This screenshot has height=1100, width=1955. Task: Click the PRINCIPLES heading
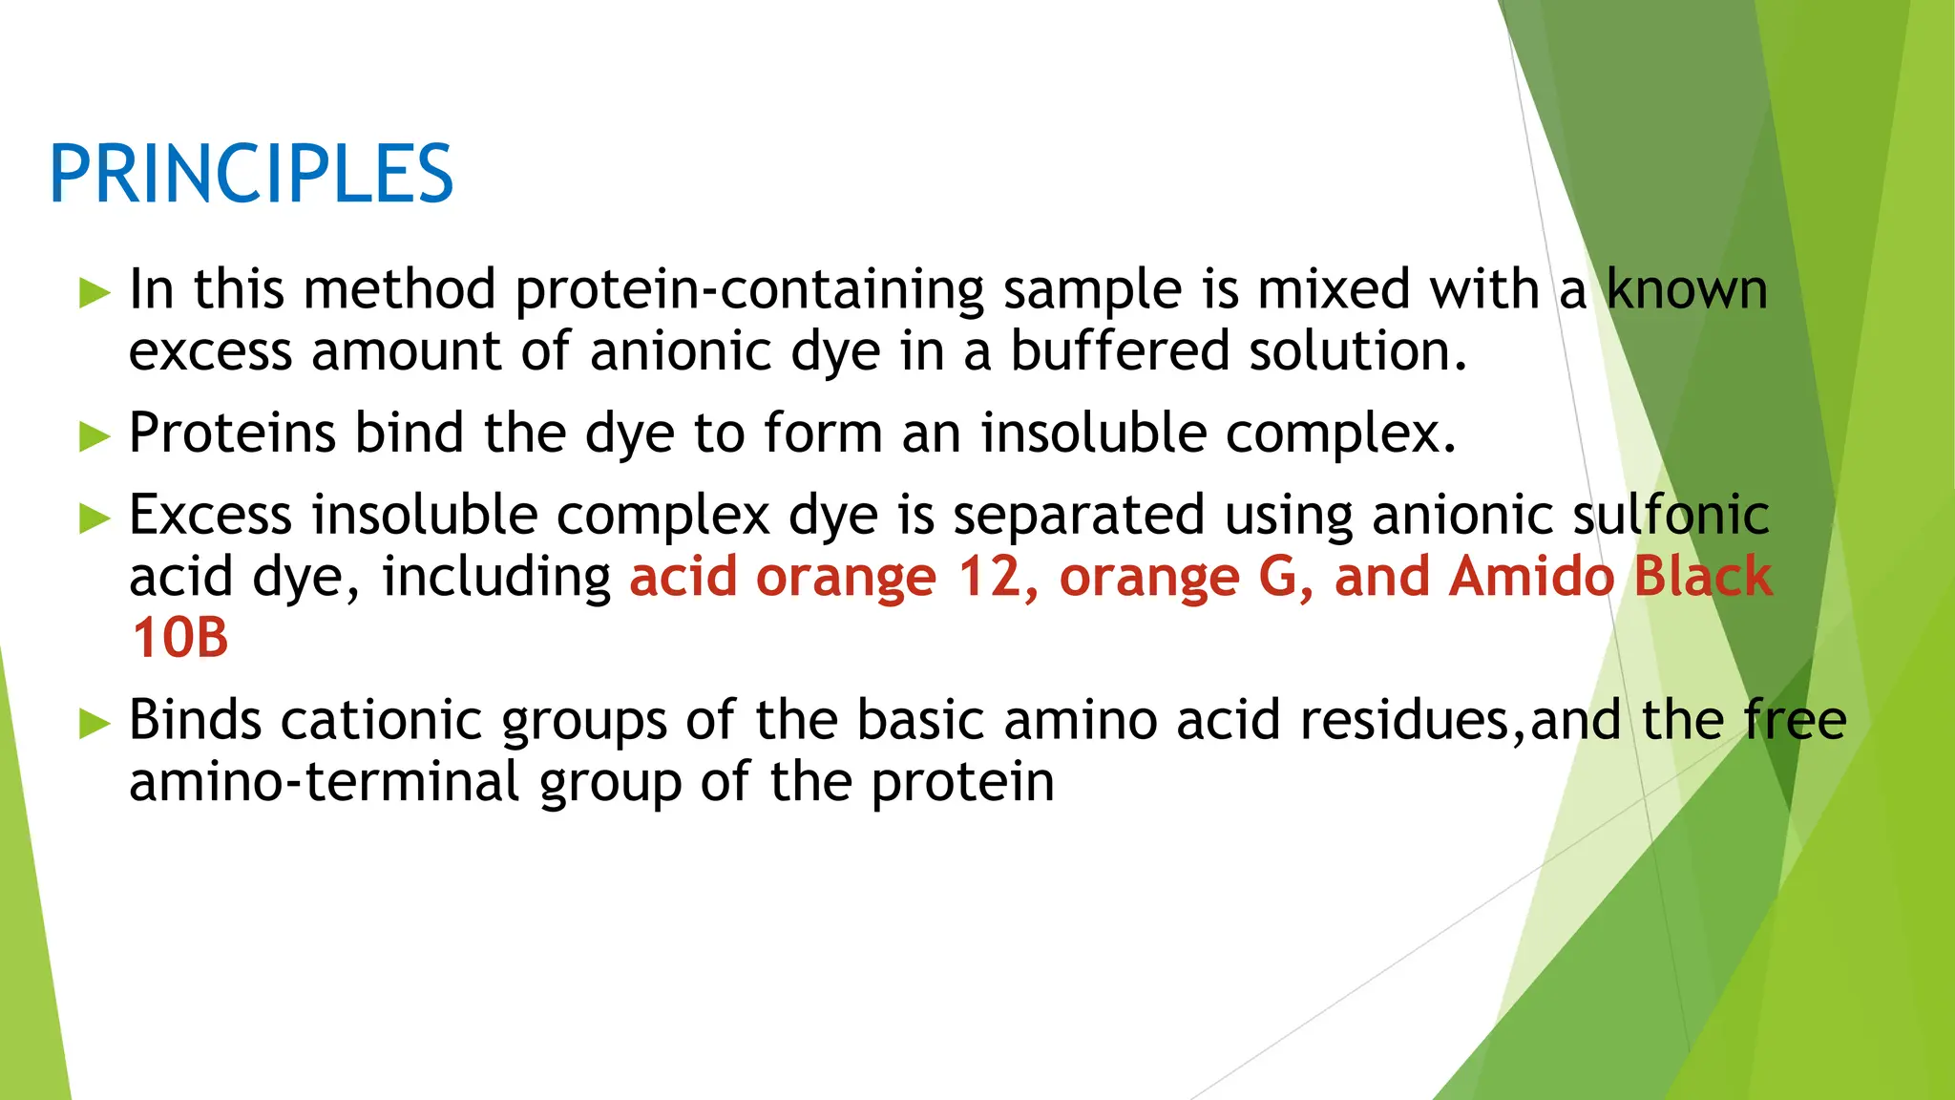(x=251, y=174)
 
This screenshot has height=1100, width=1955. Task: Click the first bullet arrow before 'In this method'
(x=95, y=292)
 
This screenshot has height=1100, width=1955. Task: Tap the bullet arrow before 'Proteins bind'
(x=95, y=436)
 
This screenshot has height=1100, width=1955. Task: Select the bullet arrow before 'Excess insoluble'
(x=95, y=518)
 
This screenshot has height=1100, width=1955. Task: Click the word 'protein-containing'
(x=749, y=290)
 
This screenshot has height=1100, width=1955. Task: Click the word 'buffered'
(x=1120, y=351)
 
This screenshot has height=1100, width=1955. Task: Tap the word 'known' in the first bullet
(x=1687, y=290)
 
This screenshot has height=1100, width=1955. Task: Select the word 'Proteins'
(x=232, y=434)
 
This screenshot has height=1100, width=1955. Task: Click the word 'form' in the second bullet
(x=822, y=434)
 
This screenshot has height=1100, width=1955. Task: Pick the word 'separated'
(x=1079, y=516)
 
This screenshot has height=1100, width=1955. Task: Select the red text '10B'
(x=179, y=638)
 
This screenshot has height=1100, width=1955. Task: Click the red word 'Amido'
(x=1530, y=578)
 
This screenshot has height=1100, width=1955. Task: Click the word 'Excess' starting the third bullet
(x=210, y=516)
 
